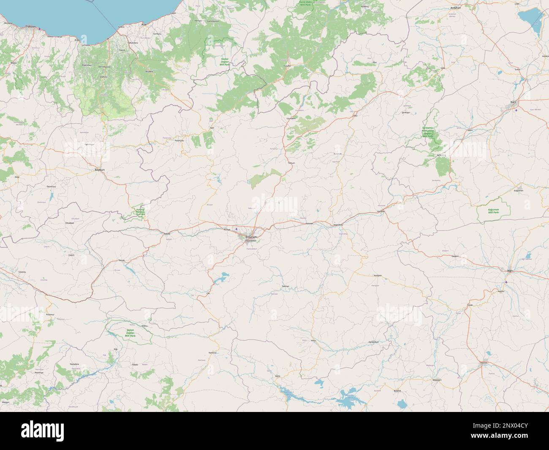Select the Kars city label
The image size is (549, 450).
pos(514,102)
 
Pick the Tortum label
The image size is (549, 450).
pos(290,162)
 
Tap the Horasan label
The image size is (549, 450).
pos(381,211)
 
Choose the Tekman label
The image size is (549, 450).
pos(285,286)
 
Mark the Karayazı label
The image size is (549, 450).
pos(378,275)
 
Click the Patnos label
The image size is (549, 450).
pos(484,363)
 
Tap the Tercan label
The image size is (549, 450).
pos(122,261)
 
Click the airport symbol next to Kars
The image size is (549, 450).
pos(518,110)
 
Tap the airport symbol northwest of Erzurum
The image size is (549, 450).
pos(236,229)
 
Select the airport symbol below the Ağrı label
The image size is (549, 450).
pos(506,282)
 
